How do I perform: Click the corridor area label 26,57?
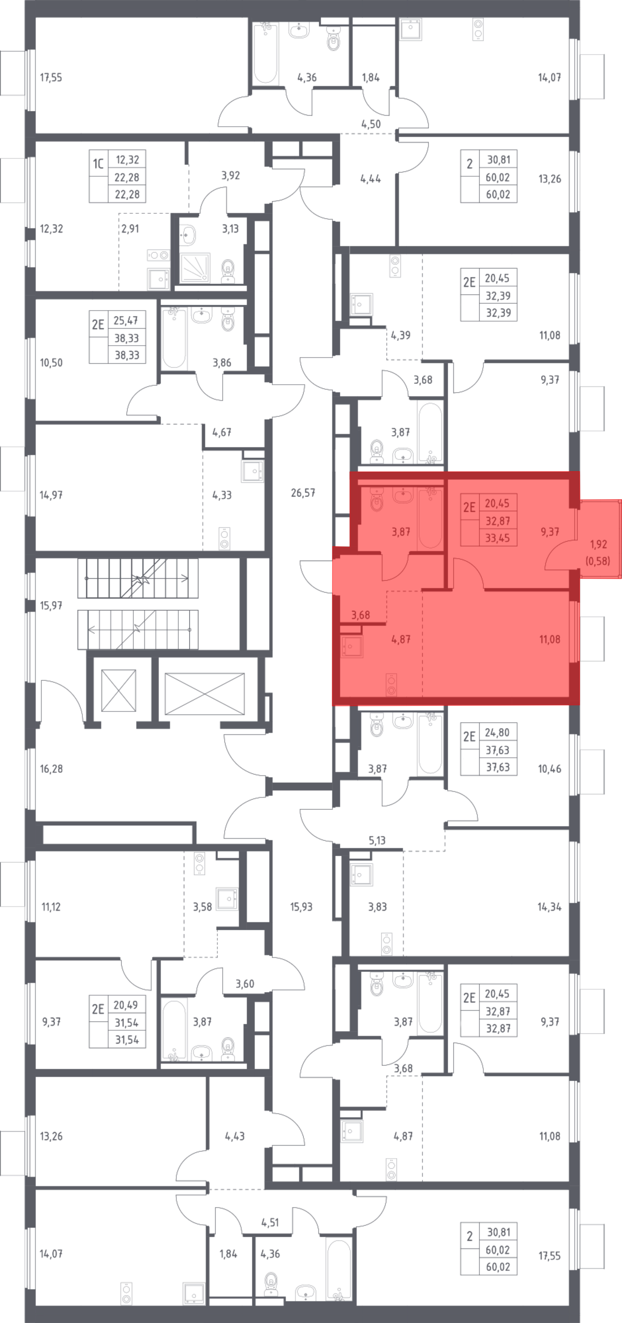[303, 493]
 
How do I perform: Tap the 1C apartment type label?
[98, 164]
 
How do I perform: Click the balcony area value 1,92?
[598, 544]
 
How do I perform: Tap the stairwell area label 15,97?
[51, 606]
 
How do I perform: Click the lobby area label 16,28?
[51, 769]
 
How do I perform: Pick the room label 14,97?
[51, 495]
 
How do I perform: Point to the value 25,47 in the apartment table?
[126, 320]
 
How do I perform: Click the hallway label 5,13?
[377, 841]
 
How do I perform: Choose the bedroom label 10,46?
[549, 769]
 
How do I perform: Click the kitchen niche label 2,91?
[130, 229]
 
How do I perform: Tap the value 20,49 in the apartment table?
[126, 1005]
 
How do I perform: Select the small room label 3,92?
[231, 176]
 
